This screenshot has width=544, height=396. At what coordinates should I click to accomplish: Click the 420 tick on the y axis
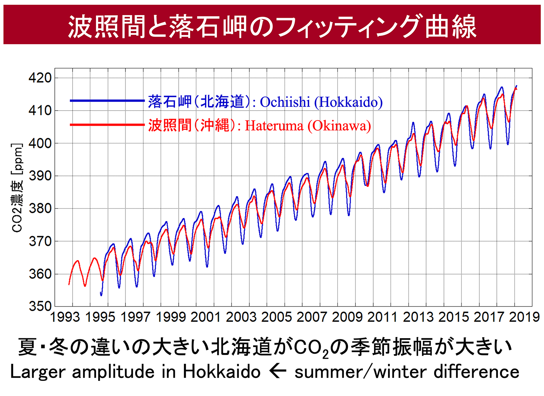(40, 78)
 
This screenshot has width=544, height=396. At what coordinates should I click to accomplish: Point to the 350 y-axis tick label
(40, 306)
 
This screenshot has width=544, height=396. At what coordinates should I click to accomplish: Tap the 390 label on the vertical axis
(40, 176)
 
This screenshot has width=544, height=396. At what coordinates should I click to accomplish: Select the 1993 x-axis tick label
(65, 317)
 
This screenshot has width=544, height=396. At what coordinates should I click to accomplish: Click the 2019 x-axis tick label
(524, 317)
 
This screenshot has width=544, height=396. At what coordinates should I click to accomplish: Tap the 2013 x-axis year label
(418, 317)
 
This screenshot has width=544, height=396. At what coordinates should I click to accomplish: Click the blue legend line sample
(107, 101)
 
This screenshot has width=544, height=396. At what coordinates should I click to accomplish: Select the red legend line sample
(107, 125)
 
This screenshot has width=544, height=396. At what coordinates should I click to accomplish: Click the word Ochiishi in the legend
(285, 102)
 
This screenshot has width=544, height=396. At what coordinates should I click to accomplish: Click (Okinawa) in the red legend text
(339, 126)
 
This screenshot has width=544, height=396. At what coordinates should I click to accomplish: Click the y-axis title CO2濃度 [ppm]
(17, 188)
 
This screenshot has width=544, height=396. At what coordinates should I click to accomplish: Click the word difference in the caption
(476, 372)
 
